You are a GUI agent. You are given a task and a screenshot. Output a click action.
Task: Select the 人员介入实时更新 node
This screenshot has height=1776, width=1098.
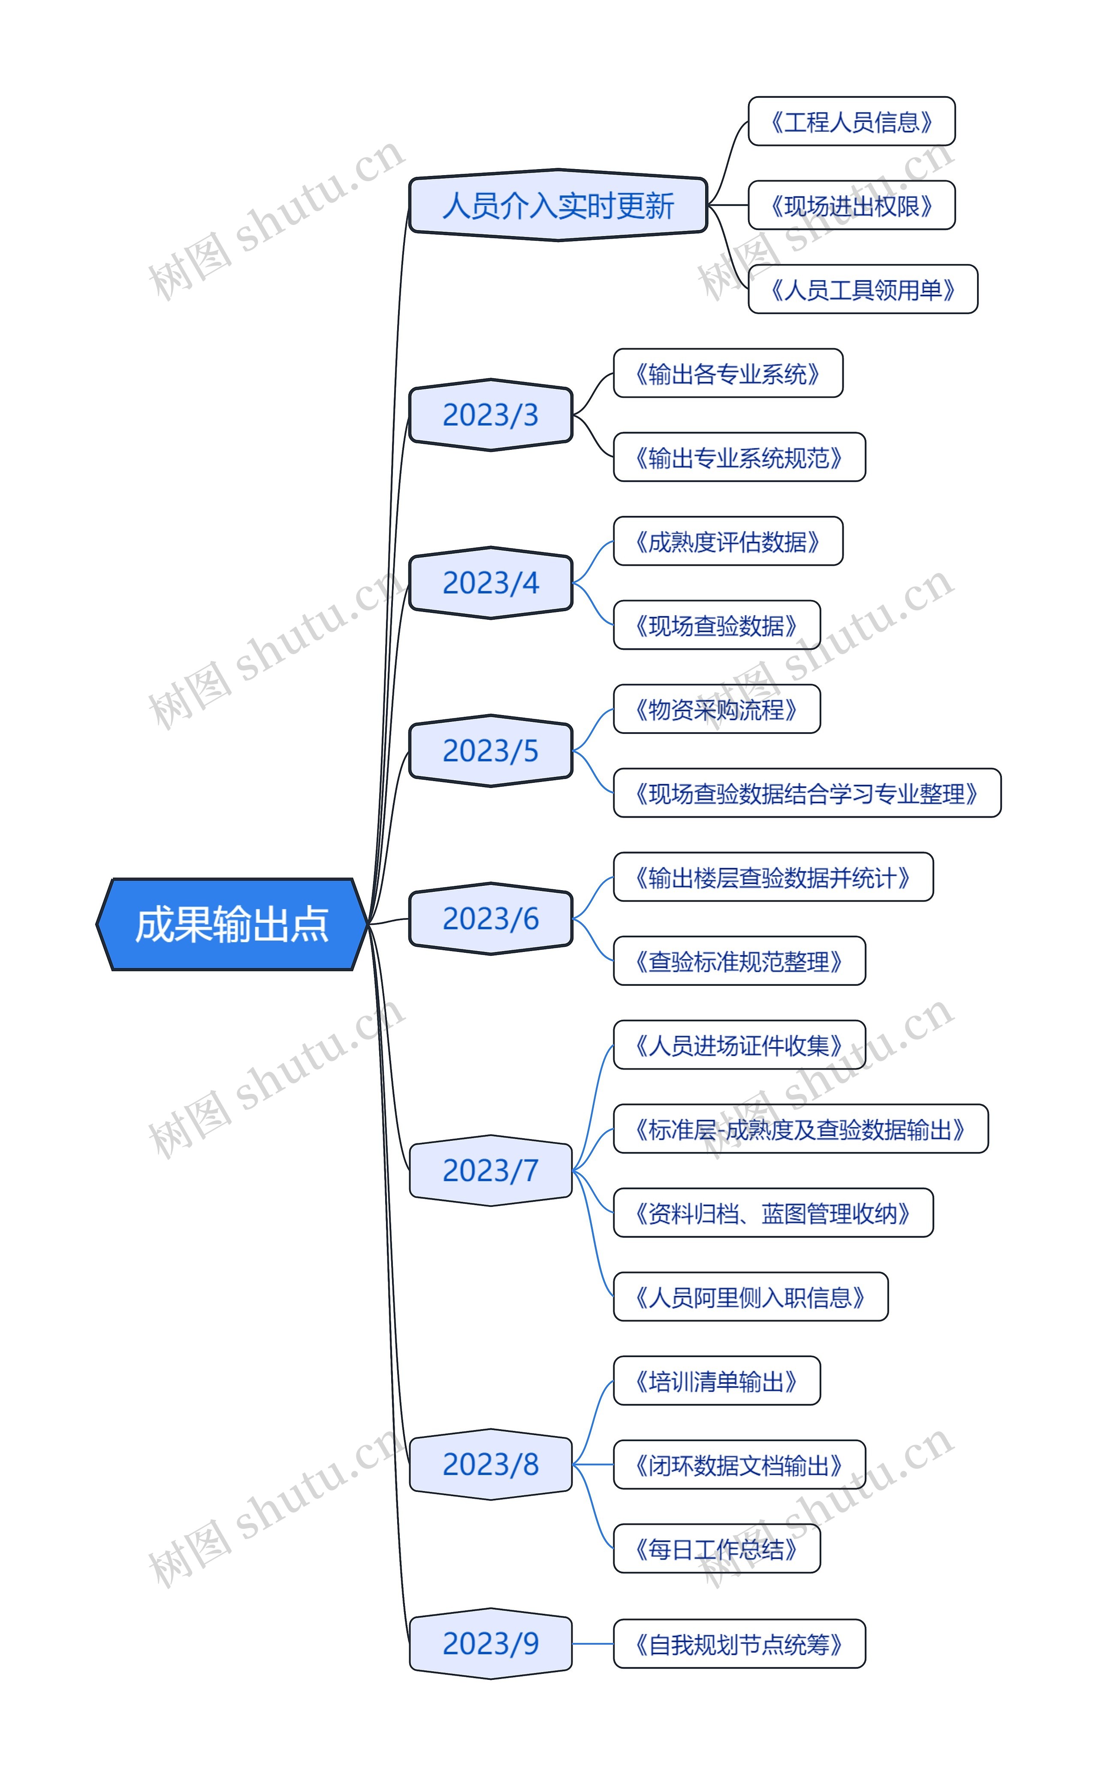click(x=558, y=206)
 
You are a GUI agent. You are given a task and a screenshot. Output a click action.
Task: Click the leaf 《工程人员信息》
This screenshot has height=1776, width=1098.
click(x=851, y=121)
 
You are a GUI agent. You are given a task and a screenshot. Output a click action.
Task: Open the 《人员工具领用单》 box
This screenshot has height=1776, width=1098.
click(x=863, y=289)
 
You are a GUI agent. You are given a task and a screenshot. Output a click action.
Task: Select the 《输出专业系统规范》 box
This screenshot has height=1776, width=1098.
click(x=739, y=457)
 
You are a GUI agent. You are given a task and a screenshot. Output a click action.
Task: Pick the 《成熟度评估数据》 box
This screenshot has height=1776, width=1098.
click(x=728, y=541)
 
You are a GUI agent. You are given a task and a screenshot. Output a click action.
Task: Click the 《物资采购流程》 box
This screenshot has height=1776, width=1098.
click(x=717, y=709)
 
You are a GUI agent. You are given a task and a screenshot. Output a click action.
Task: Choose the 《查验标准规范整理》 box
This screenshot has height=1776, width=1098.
click(x=739, y=961)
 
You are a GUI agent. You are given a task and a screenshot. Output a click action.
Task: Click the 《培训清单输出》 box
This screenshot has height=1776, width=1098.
click(x=717, y=1381)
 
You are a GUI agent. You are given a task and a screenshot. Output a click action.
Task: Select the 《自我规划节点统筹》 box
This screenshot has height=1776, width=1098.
click(x=739, y=1644)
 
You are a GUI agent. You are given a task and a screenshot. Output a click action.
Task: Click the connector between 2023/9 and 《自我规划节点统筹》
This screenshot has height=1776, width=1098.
click(x=593, y=1644)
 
